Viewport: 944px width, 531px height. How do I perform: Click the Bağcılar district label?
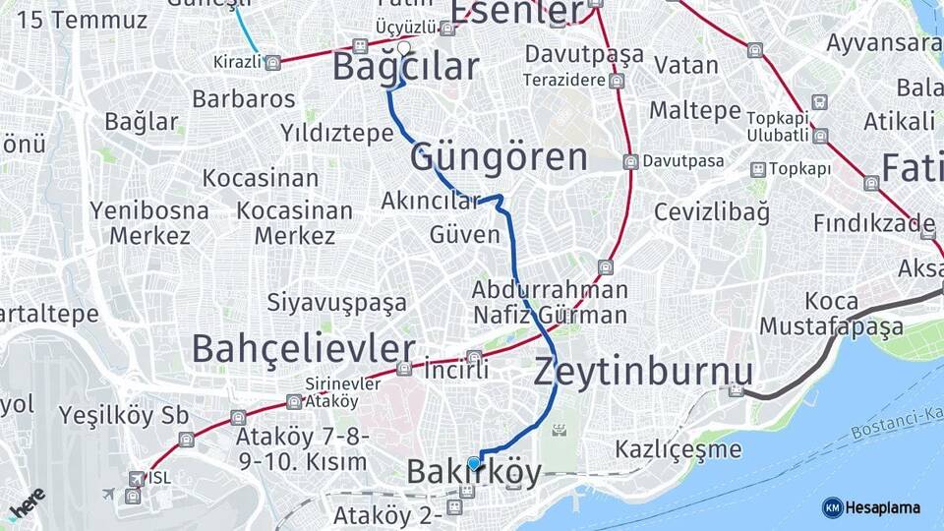pyautogui.click(x=405, y=67)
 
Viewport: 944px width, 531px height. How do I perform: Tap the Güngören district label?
pyautogui.click(x=499, y=157)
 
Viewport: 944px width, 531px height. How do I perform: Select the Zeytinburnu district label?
pyautogui.click(x=643, y=372)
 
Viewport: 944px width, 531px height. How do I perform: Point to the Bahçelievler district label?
pyautogui.click(x=303, y=348)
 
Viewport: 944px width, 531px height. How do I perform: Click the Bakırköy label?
pyautogui.click(x=474, y=474)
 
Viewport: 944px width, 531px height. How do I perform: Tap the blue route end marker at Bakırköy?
pyautogui.click(x=474, y=463)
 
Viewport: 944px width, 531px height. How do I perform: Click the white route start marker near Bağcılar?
pyautogui.click(x=403, y=47)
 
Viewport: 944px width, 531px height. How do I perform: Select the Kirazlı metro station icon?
pyautogui.click(x=272, y=62)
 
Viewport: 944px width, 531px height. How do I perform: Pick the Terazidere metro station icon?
pyautogui.click(x=616, y=81)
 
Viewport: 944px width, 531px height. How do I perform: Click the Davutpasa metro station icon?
pyautogui.click(x=629, y=161)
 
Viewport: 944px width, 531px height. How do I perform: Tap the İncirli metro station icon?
pyautogui.click(x=474, y=357)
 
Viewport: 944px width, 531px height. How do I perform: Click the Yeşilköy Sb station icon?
pyautogui.click(x=185, y=439)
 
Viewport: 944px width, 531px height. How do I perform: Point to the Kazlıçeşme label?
pyautogui.click(x=678, y=450)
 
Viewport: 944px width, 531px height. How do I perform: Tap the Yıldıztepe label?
pyautogui.click(x=336, y=133)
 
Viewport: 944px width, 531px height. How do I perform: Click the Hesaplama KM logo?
pyautogui.click(x=871, y=507)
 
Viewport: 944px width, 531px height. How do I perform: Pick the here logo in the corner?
pyautogui.click(x=28, y=503)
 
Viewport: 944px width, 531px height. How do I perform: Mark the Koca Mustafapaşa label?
pyautogui.click(x=832, y=313)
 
